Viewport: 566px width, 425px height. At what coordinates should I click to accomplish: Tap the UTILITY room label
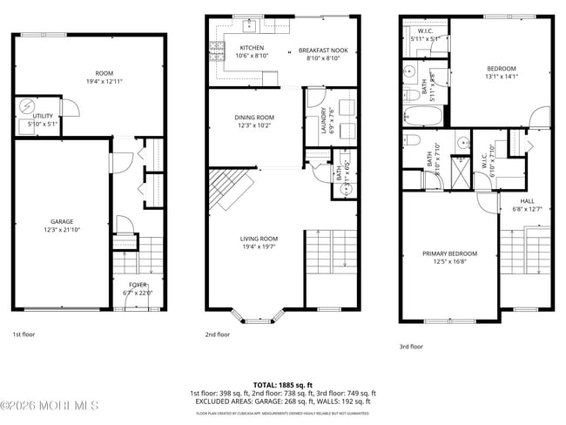point(43,115)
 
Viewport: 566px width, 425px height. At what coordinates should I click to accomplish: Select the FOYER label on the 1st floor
point(138,285)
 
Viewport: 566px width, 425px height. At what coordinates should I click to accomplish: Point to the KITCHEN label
point(252,49)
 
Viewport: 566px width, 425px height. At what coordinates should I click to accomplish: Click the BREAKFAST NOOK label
point(323,51)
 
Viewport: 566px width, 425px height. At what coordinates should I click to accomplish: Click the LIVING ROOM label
point(259,239)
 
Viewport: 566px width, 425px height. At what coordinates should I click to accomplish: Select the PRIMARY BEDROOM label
point(446,254)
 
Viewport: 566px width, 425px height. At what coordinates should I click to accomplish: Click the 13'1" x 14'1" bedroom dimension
point(501,77)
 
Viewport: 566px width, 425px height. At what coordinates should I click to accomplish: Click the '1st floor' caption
point(24,334)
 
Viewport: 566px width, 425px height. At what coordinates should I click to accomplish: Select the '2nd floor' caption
point(218,334)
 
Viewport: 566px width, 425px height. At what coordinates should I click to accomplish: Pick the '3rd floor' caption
point(411,346)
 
